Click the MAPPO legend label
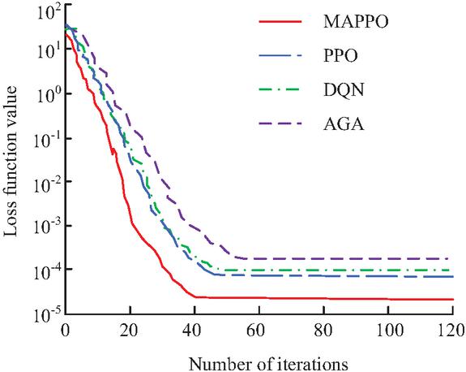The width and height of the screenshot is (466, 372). [x=356, y=21]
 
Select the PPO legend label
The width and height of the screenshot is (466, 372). [x=340, y=56]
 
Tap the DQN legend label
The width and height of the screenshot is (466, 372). [x=344, y=89]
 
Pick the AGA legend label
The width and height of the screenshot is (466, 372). [x=344, y=123]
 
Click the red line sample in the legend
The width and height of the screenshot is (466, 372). [x=280, y=21]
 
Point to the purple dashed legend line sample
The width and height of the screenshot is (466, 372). [x=280, y=123]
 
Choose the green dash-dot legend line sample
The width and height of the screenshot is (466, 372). [x=280, y=89]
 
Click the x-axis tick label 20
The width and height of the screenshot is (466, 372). [x=130, y=330]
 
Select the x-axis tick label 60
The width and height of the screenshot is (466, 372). [x=259, y=330]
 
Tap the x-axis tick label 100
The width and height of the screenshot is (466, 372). [x=388, y=330]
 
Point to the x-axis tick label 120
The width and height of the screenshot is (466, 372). [x=451, y=330]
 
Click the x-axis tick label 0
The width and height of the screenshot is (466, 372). [x=65, y=330]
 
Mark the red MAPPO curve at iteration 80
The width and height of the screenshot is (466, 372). [x=323, y=298]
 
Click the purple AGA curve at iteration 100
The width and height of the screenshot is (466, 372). [x=388, y=258]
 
